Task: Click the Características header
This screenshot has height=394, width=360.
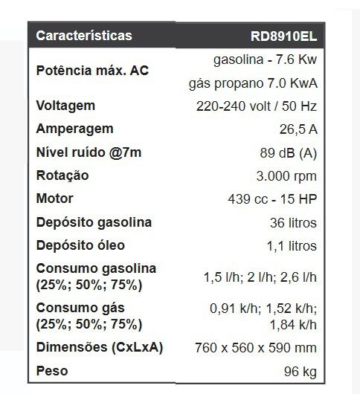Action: [x=84, y=36]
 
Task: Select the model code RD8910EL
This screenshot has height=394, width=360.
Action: [x=284, y=36]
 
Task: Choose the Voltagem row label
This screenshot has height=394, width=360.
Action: [x=65, y=106]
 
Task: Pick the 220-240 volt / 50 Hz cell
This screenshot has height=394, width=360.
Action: [x=257, y=106]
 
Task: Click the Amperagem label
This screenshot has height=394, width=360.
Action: [x=74, y=129]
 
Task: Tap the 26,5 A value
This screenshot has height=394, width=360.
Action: [x=298, y=129]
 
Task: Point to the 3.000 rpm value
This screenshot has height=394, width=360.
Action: [x=286, y=176]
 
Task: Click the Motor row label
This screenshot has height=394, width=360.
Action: [x=55, y=199]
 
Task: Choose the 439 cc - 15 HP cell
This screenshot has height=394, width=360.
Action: [x=272, y=199]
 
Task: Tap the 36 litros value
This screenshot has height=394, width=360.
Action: [x=294, y=223]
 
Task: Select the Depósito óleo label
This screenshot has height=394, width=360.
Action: [x=80, y=245]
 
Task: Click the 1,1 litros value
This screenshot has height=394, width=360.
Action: [x=292, y=246]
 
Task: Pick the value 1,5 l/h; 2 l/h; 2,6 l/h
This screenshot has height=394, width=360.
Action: [x=260, y=277]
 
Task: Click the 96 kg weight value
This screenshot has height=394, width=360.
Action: [x=300, y=371]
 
